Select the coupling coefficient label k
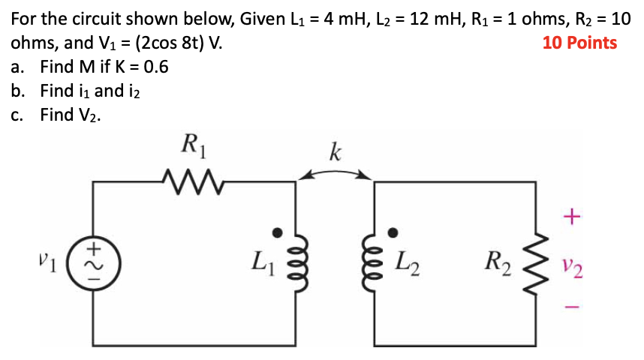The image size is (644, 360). coord(335,154)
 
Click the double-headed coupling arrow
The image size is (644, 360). coord(335,174)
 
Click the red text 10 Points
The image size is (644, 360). coord(579,43)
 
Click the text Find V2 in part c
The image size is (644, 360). coord(71,115)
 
